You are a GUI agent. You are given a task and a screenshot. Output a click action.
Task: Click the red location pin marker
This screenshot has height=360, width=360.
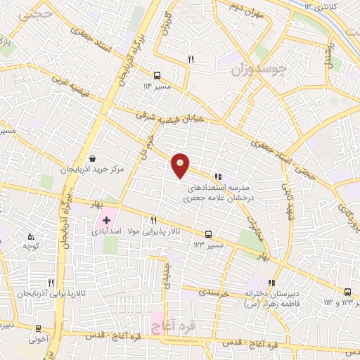click(181, 165)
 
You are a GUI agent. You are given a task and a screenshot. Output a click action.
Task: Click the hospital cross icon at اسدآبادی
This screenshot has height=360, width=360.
click(106, 221)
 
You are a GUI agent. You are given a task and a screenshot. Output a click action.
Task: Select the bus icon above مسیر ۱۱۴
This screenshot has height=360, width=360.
click(157, 75)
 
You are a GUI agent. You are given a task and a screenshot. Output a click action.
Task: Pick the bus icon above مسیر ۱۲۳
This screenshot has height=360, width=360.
click(207, 234)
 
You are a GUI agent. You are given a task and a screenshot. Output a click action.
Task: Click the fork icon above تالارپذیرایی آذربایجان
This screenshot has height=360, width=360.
click(51, 281)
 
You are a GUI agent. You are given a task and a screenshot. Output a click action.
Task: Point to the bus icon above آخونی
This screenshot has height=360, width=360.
click(38, 328)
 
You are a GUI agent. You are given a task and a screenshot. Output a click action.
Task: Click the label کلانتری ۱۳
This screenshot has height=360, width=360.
click(323, 6)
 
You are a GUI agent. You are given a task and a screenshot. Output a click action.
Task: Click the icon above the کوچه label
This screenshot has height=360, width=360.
click(30, 236)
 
